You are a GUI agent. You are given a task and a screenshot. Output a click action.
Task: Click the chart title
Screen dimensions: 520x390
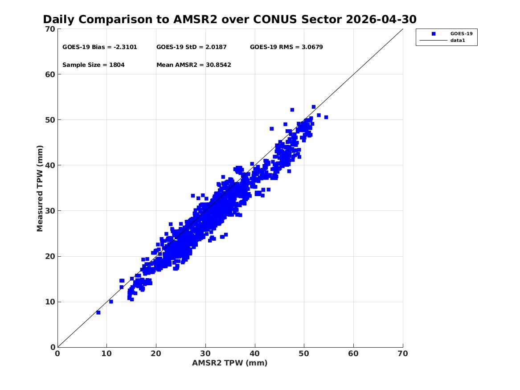(229, 20)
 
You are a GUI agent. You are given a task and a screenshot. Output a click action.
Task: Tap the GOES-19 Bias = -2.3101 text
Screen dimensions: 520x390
(99, 47)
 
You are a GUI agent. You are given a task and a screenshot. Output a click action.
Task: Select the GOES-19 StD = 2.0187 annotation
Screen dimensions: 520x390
(191, 47)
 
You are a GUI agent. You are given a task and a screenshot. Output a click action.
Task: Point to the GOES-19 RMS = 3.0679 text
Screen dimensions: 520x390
(286, 47)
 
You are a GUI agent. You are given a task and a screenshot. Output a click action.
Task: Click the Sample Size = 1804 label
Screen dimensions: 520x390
(94, 65)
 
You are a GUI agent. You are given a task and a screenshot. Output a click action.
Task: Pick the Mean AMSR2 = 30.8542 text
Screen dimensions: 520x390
(194, 65)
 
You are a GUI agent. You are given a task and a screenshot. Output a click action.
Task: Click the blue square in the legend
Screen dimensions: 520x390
(434, 34)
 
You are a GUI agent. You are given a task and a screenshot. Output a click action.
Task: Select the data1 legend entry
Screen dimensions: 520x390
(458, 41)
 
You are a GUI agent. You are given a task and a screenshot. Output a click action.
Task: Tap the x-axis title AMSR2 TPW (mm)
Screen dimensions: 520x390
(230, 363)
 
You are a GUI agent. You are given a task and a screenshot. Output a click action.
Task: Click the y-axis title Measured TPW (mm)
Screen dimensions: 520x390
(40, 189)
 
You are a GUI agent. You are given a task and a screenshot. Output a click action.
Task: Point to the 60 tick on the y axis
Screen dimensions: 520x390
(50, 74)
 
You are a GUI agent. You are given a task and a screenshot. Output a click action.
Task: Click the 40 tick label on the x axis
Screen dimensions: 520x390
(255, 353)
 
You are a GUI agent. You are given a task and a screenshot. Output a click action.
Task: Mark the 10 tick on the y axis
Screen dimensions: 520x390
(50, 302)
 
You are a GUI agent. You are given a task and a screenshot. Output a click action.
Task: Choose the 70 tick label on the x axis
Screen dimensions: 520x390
(403, 353)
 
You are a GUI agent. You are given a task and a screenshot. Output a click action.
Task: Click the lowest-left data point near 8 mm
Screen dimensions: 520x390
(98, 312)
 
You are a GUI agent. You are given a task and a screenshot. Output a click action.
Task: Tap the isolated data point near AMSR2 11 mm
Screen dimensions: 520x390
(111, 301)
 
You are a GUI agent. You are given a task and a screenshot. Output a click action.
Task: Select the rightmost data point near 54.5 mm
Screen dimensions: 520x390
(326, 117)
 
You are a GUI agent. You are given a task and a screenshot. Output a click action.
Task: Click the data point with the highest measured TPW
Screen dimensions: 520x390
(313, 107)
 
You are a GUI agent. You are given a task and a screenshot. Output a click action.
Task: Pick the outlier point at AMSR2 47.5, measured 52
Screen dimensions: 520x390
(292, 110)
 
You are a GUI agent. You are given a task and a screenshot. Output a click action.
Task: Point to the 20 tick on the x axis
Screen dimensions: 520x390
(156, 353)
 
